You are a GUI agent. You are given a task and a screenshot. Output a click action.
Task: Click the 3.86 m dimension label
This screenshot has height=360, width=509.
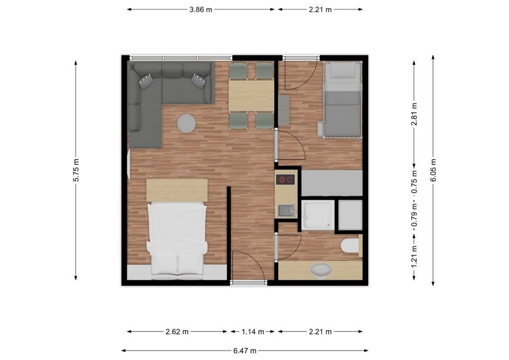(x=200, y=10)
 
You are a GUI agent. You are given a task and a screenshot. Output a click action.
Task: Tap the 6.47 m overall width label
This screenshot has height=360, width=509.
(x=245, y=350)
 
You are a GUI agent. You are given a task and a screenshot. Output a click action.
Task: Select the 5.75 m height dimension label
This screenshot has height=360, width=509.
(x=75, y=170)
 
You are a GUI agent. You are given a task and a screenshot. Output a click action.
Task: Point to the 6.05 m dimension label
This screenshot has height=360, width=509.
(x=433, y=170)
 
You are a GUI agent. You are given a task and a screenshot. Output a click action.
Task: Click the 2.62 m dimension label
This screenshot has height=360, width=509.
(x=177, y=332)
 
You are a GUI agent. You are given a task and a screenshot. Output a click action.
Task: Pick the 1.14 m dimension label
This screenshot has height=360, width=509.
(x=253, y=332)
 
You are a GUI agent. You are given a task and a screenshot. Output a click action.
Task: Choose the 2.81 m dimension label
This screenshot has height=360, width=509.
(x=414, y=114)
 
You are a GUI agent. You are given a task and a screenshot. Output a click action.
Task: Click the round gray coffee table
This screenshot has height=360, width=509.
(x=186, y=123)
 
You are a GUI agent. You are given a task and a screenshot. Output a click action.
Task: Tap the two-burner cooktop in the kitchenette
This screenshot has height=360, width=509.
(x=285, y=179)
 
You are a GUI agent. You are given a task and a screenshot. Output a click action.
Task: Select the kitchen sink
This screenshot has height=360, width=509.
(x=286, y=210)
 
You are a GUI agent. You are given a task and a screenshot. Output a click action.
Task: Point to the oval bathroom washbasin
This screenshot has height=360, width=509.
(x=321, y=270)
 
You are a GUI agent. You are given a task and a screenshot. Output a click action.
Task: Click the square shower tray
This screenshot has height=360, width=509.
(x=318, y=215)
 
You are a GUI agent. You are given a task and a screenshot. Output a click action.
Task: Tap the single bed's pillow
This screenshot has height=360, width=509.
(x=343, y=70)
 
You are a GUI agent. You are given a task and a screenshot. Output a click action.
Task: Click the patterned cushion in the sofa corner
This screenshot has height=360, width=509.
(x=146, y=81)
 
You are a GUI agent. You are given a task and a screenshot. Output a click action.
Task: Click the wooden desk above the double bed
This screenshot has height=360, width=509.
(x=177, y=190)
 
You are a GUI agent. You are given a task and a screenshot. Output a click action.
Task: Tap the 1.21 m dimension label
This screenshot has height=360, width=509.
(x=414, y=257)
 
